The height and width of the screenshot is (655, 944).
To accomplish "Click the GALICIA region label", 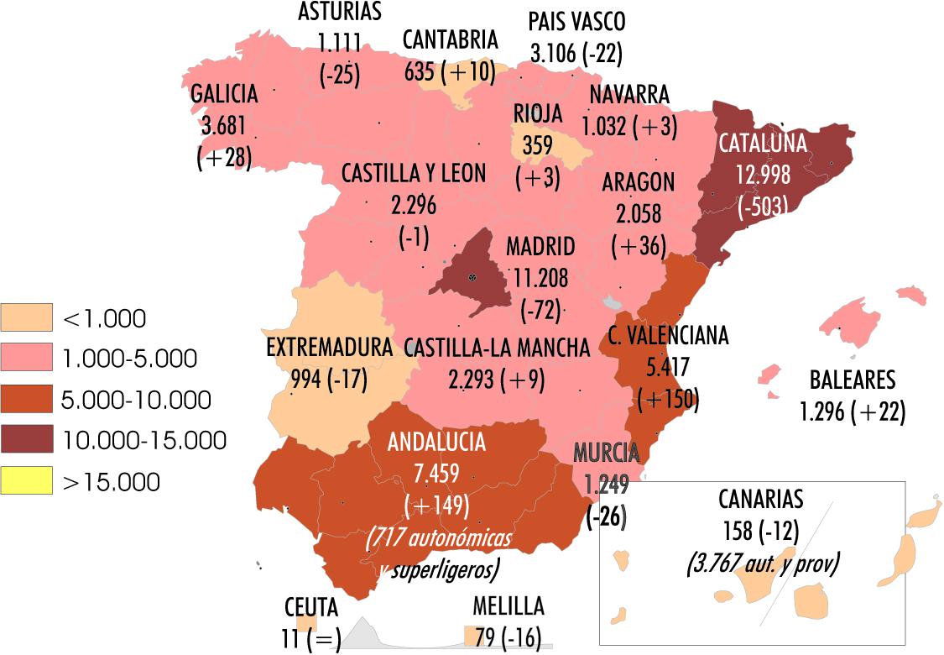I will pos(224,94).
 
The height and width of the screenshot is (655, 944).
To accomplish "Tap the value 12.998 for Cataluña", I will pos(763,174).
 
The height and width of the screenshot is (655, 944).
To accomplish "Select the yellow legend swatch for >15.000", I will pos(26,480).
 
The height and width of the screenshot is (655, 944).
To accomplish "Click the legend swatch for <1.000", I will pos(26,317).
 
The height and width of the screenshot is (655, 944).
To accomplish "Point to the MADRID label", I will pos(540,247).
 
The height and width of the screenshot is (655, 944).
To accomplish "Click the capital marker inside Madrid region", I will pos(473,278).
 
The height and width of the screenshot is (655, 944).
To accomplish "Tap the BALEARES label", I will pos(853,380).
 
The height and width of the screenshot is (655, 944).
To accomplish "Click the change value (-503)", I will pos(763,207).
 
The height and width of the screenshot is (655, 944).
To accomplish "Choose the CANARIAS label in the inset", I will pos(760,499).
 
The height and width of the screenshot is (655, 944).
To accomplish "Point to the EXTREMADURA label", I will pos(329,348).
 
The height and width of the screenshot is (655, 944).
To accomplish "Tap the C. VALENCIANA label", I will pos(668,336).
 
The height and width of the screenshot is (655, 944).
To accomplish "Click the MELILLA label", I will pos(508,606).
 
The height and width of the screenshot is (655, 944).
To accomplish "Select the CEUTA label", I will pos(310,607).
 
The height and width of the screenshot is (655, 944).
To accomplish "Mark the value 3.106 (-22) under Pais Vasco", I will pos(576,53).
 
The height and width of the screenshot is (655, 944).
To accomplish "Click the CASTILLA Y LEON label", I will pos(413,173).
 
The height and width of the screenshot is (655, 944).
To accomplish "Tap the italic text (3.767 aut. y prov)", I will pos(762,563).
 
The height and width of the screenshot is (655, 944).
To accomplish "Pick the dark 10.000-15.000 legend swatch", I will pos(26,440).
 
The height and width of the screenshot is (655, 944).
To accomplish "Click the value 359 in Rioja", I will pos(538,144).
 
